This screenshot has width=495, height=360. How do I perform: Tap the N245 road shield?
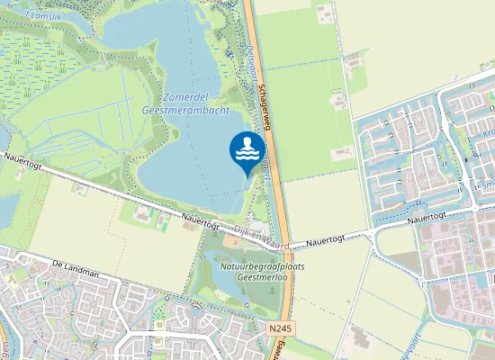282,330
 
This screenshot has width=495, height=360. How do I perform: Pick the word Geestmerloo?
261,279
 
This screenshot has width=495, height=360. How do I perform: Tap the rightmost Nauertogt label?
426,218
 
